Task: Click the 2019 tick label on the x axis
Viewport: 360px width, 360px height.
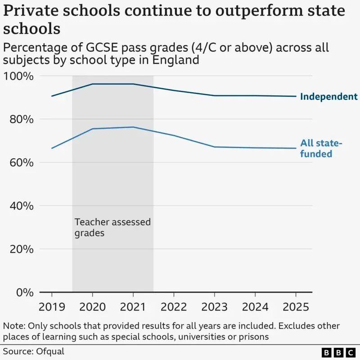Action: click(x=52, y=307)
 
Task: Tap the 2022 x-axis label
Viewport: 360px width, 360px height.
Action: click(x=174, y=307)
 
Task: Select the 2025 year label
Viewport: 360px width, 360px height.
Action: click(x=296, y=307)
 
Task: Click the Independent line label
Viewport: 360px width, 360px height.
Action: click(x=328, y=96)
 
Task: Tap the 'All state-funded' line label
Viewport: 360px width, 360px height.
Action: click(x=321, y=148)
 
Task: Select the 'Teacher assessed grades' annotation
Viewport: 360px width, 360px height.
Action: click(x=112, y=227)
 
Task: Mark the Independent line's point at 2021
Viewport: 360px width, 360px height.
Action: click(x=133, y=84)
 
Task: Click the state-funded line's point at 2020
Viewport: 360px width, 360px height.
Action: click(x=92, y=129)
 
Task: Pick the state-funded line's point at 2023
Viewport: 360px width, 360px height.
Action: click(x=214, y=147)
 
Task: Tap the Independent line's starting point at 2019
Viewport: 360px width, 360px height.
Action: click(x=52, y=96)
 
